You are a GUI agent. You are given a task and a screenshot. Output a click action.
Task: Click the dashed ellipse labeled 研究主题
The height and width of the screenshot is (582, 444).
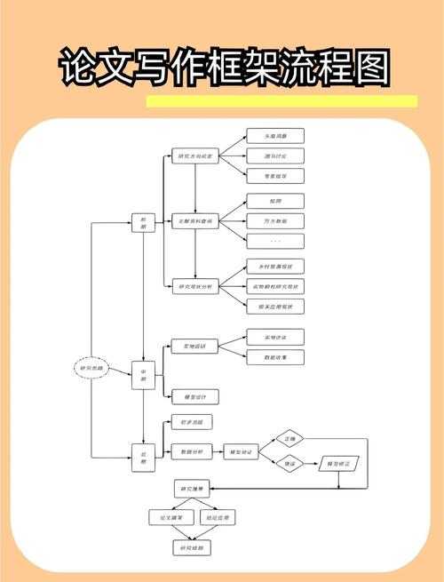pyautogui.click(x=91, y=367)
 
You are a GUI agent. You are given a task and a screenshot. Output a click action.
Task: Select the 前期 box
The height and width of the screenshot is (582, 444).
pyautogui.click(x=143, y=222)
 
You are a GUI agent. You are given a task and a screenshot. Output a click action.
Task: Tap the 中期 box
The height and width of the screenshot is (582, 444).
pyautogui.click(x=143, y=377)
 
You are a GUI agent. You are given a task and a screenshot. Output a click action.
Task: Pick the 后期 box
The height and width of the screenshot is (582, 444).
pyautogui.click(x=143, y=457)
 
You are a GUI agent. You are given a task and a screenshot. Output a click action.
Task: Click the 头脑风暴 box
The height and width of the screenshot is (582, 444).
pyautogui.click(x=274, y=136)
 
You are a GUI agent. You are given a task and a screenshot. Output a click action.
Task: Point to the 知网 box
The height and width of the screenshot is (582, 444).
pyautogui.click(x=274, y=201)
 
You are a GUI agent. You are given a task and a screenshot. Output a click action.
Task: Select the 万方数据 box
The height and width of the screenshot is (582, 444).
pyautogui.click(x=274, y=220)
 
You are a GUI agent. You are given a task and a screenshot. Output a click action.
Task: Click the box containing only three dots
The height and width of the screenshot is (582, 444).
pyautogui.click(x=274, y=241)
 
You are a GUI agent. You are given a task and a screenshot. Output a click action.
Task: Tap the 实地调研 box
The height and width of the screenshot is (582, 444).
pyautogui.click(x=194, y=346)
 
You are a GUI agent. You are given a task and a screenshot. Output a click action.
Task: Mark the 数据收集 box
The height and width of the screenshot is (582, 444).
pyautogui.click(x=274, y=355)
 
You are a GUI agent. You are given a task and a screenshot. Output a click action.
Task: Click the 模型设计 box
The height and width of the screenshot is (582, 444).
pyautogui.click(x=194, y=396)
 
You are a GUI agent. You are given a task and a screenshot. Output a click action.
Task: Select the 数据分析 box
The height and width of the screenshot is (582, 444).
pyautogui.click(x=192, y=451)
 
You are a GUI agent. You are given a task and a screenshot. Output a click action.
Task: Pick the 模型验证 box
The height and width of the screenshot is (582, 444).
pyautogui.click(x=242, y=451)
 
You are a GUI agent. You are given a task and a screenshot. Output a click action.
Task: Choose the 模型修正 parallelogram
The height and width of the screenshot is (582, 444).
pyautogui.click(x=341, y=464)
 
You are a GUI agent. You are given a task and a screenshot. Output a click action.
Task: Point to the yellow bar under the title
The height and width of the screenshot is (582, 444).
pyautogui.click(x=281, y=101)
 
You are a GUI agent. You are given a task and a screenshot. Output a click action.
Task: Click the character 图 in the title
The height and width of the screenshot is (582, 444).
pyautogui.click(x=366, y=68)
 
